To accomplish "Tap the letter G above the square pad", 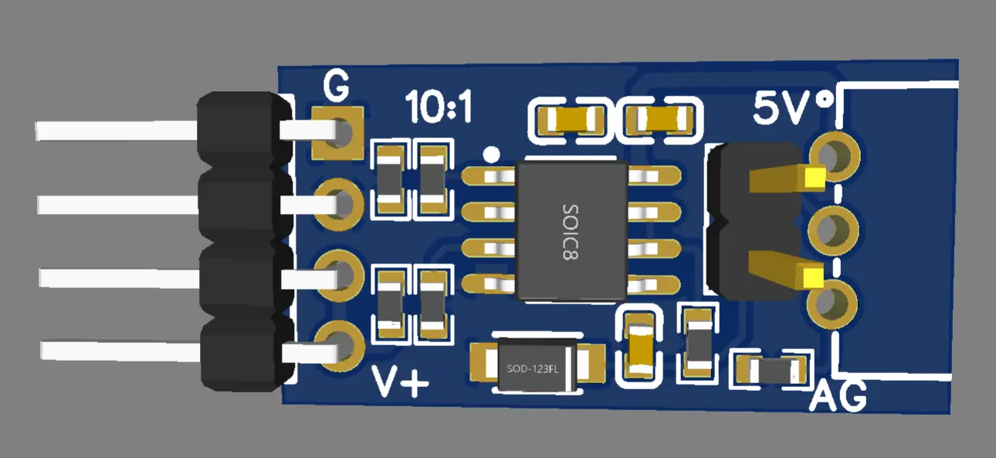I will click(x=336, y=87).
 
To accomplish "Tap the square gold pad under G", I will click(x=338, y=133).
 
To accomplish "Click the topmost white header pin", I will click(x=116, y=131).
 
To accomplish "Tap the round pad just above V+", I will click(x=338, y=344).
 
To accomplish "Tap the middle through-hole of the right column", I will click(x=833, y=230).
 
